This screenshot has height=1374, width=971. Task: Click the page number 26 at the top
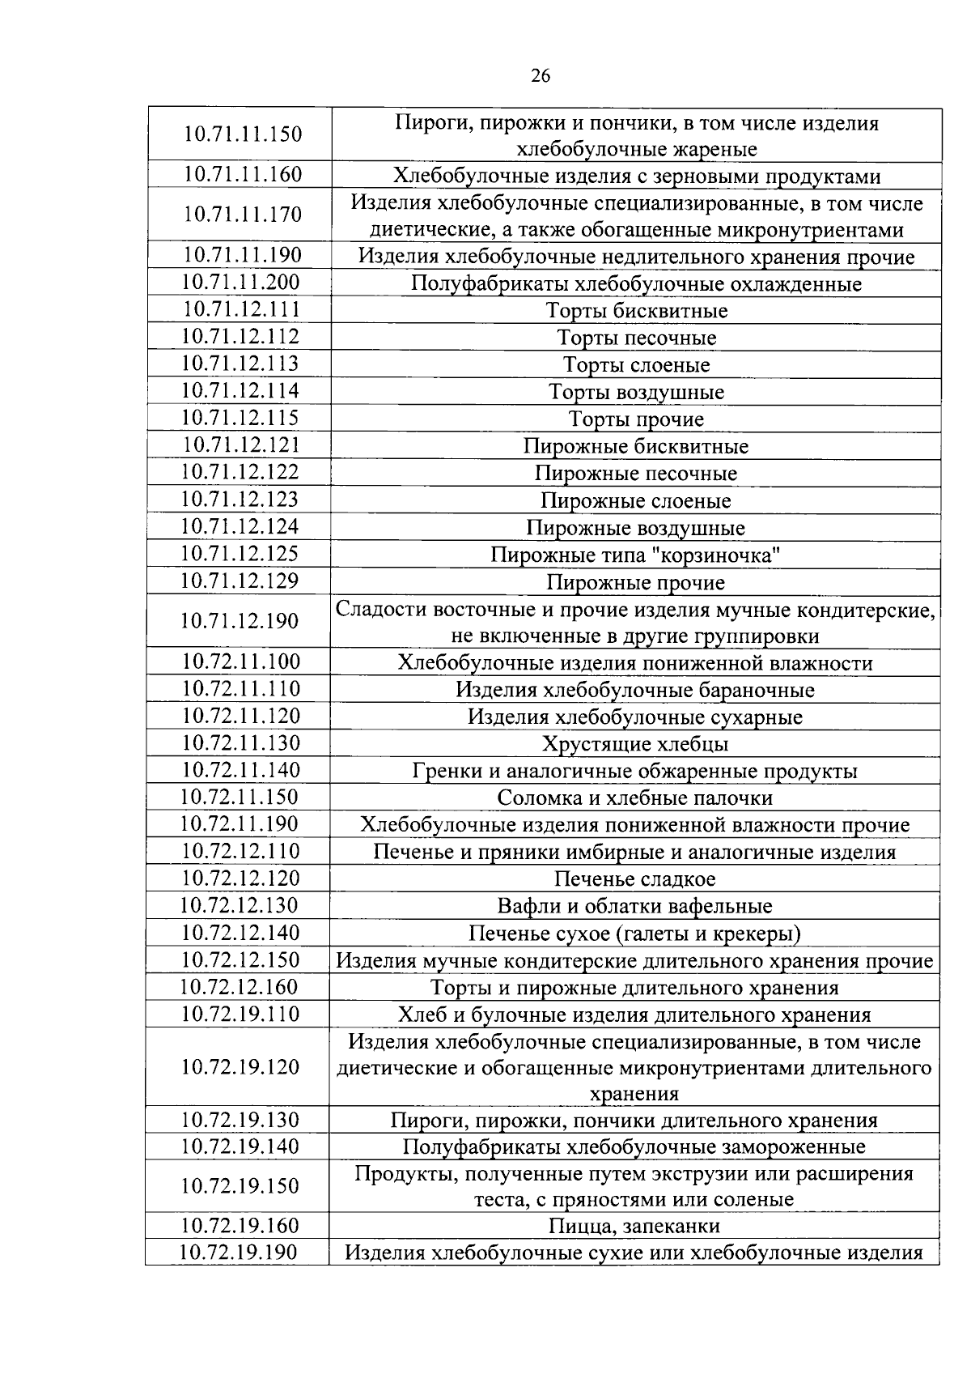[541, 76]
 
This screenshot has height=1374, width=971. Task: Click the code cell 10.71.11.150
[242, 134]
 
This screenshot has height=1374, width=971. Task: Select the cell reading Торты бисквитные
[636, 311]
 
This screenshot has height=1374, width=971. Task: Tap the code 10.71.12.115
[240, 418]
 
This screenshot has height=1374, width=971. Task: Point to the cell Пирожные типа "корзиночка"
[636, 555]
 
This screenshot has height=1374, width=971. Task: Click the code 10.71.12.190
[240, 621]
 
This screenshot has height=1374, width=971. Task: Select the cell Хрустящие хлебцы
[635, 744]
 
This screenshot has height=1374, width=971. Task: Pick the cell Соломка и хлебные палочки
[635, 798]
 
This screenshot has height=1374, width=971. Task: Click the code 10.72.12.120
[240, 878]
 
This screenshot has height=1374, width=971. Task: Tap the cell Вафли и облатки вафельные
[635, 907]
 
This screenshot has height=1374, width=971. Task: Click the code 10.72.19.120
[240, 1067]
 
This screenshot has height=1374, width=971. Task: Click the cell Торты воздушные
[636, 393]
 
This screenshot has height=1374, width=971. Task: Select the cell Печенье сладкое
[635, 879]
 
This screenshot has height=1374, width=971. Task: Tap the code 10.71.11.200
[240, 283]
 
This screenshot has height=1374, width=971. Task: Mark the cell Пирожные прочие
[636, 583]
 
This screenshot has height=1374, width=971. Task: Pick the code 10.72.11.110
[240, 689]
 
